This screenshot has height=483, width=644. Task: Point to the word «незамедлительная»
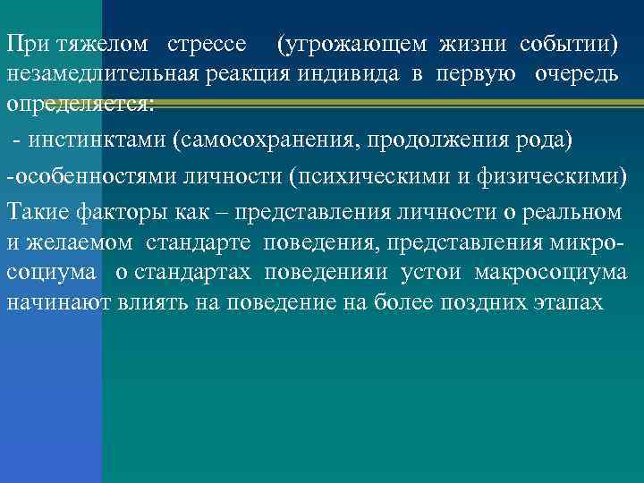coord(85,73)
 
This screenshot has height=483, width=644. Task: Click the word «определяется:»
coord(80,103)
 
